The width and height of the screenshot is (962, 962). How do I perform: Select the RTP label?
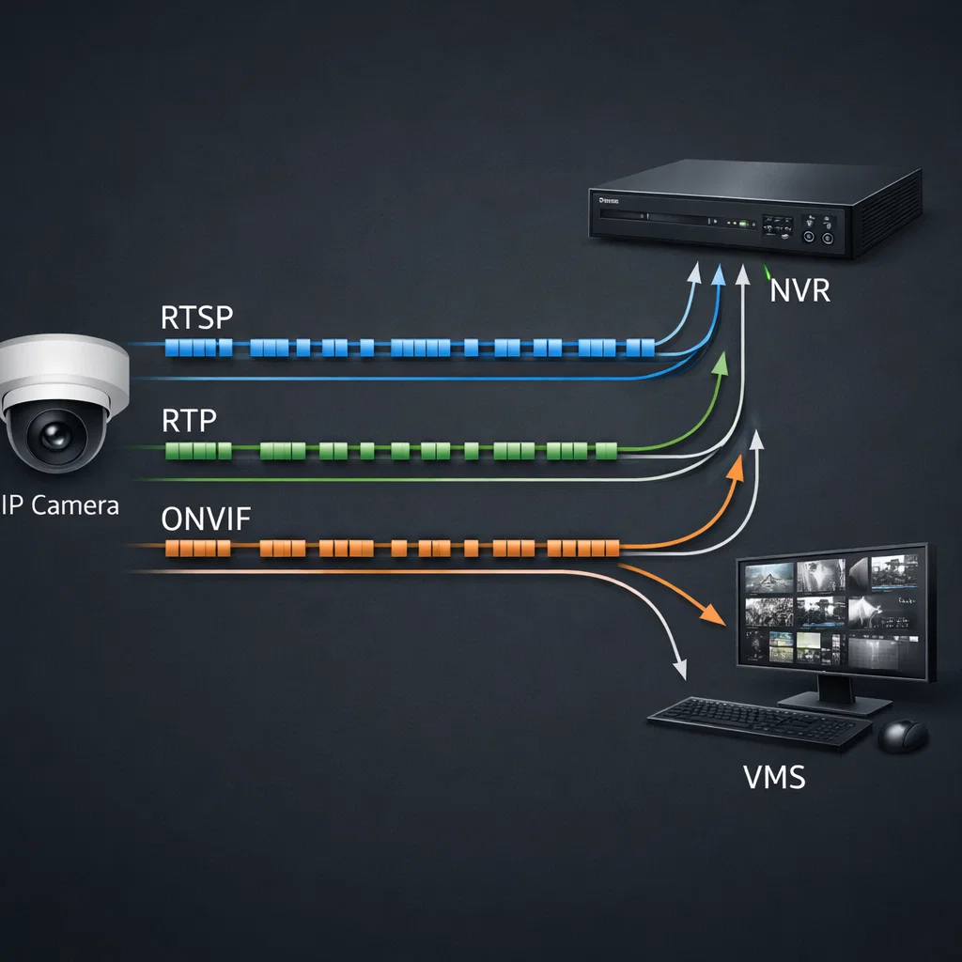(x=188, y=421)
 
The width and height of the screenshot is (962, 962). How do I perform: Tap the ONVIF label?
(x=205, y=519)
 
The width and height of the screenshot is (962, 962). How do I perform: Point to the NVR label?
(x=799, y=290)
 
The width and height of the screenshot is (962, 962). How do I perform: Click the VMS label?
(x=774, y=778)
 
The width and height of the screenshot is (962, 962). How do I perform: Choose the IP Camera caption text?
(x=60, y=505)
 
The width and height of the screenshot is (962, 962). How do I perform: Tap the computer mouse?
(x=902, y=735)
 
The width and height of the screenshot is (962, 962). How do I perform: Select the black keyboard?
(x=746, y=721)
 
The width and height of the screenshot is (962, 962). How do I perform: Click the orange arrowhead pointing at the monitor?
(x=714, y=617)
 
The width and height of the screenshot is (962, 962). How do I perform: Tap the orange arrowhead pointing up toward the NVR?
(x=735, y=467)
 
